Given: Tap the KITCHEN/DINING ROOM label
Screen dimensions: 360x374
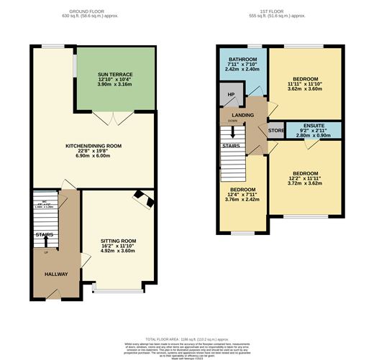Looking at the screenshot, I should pyautogui.click(x=93, y=146).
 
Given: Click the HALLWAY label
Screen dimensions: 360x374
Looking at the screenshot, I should pyautogui.click(x=47, y=274).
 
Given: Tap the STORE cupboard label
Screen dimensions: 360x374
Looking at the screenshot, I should pyautogui.click(x=276, y=131).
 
